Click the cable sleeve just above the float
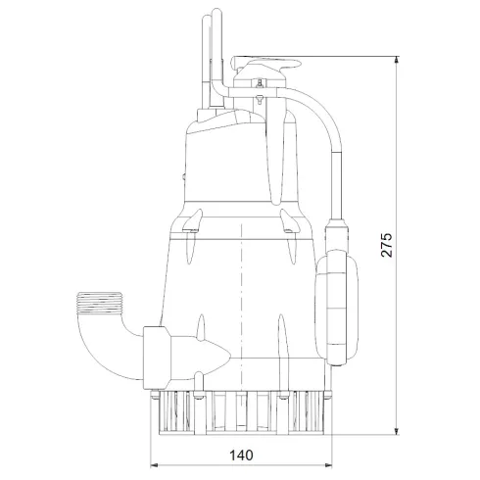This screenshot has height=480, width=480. [x=336, y=235]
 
